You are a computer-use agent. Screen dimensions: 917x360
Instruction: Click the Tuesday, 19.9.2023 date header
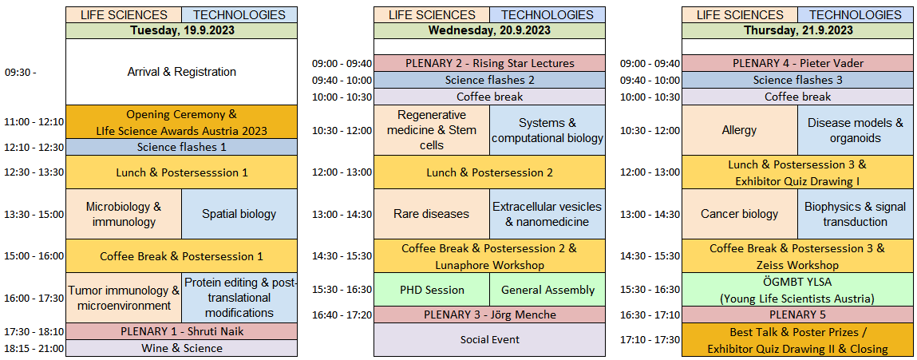click(181, 30)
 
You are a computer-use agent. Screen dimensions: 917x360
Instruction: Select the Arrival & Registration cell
click(181, 72)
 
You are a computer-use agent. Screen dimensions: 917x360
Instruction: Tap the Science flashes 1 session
click(181, 147)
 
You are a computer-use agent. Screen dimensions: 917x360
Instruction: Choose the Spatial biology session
click(239, 214)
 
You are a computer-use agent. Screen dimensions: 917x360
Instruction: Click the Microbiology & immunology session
click(124, 214)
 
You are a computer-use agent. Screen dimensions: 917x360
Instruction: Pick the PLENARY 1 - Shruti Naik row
click(181, 331)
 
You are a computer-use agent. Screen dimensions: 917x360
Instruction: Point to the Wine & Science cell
click(181, 348)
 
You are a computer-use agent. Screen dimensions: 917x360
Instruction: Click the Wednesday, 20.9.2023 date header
click(489, 30)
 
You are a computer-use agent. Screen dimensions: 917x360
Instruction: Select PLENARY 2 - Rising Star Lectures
click(489, 63)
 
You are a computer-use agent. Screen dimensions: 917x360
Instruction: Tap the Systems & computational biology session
click(547, 131)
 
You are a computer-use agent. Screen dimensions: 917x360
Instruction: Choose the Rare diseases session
click(432, 214)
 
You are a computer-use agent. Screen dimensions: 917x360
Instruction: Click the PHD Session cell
click(432, 290)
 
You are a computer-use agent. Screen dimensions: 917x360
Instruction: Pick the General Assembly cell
click(547, 290)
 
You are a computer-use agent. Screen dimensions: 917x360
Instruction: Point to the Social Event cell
click(489, 339)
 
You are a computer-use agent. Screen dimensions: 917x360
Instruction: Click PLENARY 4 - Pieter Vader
click(798, 63)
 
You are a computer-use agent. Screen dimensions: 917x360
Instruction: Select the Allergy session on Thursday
click(740, 131)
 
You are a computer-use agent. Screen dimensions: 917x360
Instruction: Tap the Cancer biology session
click(740, 214)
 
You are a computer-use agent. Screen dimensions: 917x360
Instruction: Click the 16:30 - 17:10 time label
click(650, 315)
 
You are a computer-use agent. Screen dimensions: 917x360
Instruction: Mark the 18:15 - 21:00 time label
click(34, 348)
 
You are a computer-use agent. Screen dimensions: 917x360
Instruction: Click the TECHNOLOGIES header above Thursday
click(856, 15)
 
